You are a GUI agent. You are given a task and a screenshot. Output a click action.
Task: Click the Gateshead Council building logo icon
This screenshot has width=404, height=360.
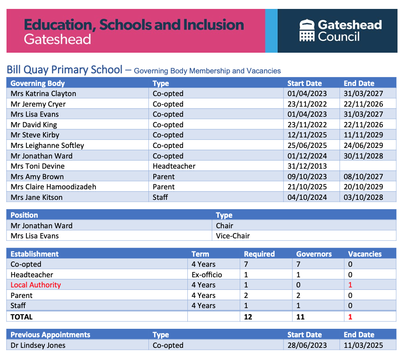[x=307, y=30]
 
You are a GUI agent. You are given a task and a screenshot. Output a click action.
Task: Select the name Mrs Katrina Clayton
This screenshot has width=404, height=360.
[x=43, y=94]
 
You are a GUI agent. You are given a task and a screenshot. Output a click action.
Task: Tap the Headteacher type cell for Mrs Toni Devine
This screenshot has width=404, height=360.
[x=174, y=166]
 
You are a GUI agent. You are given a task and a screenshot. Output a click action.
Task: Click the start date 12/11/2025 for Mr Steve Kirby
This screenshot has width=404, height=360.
[x=307, y=135]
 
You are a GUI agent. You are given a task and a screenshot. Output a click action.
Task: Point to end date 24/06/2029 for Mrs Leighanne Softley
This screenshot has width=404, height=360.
[x=363, y=146]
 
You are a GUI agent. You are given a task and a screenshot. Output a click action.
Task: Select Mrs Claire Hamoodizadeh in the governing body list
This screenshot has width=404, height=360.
[x=54, y=187]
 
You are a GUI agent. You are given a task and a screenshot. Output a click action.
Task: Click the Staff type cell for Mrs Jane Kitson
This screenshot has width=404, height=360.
[x=160, y=197]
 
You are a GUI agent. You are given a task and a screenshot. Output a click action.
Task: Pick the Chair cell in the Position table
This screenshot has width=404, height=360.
[x=225, y=226]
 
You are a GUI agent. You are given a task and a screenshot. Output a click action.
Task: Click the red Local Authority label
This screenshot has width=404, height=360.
[x=36, y=285]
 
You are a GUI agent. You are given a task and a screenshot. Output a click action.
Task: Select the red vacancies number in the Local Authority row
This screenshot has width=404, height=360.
[x=350, y=285]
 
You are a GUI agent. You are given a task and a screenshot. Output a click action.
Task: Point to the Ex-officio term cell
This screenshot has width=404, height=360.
[x=207, y=275]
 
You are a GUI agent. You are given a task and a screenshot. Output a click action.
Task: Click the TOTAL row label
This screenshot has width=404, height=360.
[x=21, y=317]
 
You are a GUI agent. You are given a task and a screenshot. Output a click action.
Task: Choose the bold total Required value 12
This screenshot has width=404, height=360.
[x=248, y=317]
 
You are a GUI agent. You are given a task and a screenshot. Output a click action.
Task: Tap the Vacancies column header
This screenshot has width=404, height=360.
[x=365, y=254]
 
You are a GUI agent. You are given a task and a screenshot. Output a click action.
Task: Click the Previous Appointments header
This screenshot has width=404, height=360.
[x=50, y=335]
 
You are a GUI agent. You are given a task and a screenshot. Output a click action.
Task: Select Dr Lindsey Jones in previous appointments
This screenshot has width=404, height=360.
[x=38, y=345]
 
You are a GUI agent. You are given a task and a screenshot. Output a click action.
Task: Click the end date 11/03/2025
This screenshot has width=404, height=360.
[x=363, y=345]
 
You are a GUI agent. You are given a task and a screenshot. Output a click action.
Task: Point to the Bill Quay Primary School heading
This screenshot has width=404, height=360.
[x=64, y=70]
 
